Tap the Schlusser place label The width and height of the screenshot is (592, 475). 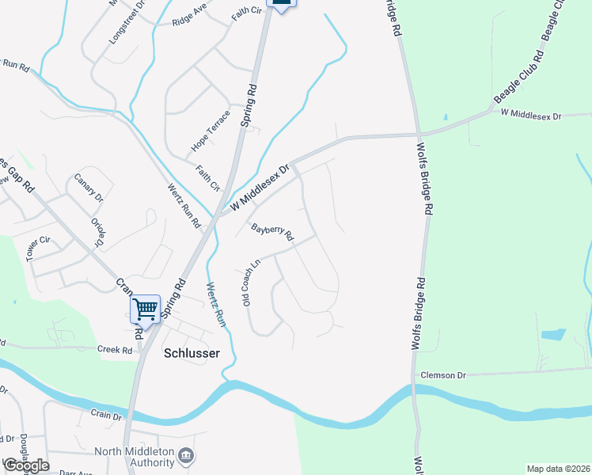click(x=191, y=353)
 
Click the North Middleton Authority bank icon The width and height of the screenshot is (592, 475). click(x=187, y=455)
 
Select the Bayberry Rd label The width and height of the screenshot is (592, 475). click(x=272, y=232)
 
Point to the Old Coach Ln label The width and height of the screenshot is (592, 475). click(x=251, y=283)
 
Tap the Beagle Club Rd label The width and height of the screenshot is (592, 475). click(x=518, y=77)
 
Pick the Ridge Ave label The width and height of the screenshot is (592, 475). click(x=189, y=17)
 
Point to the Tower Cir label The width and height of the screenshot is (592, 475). click(x=38, y=248)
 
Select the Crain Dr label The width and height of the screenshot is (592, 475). click(x=106, y=415)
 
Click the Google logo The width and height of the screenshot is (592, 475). click(x=26, y=465)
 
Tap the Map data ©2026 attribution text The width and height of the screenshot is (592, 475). click(x=557, y=469)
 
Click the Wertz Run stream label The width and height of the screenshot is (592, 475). click(x=216, y=306)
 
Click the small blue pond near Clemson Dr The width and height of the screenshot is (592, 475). click(x=554, y=335)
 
